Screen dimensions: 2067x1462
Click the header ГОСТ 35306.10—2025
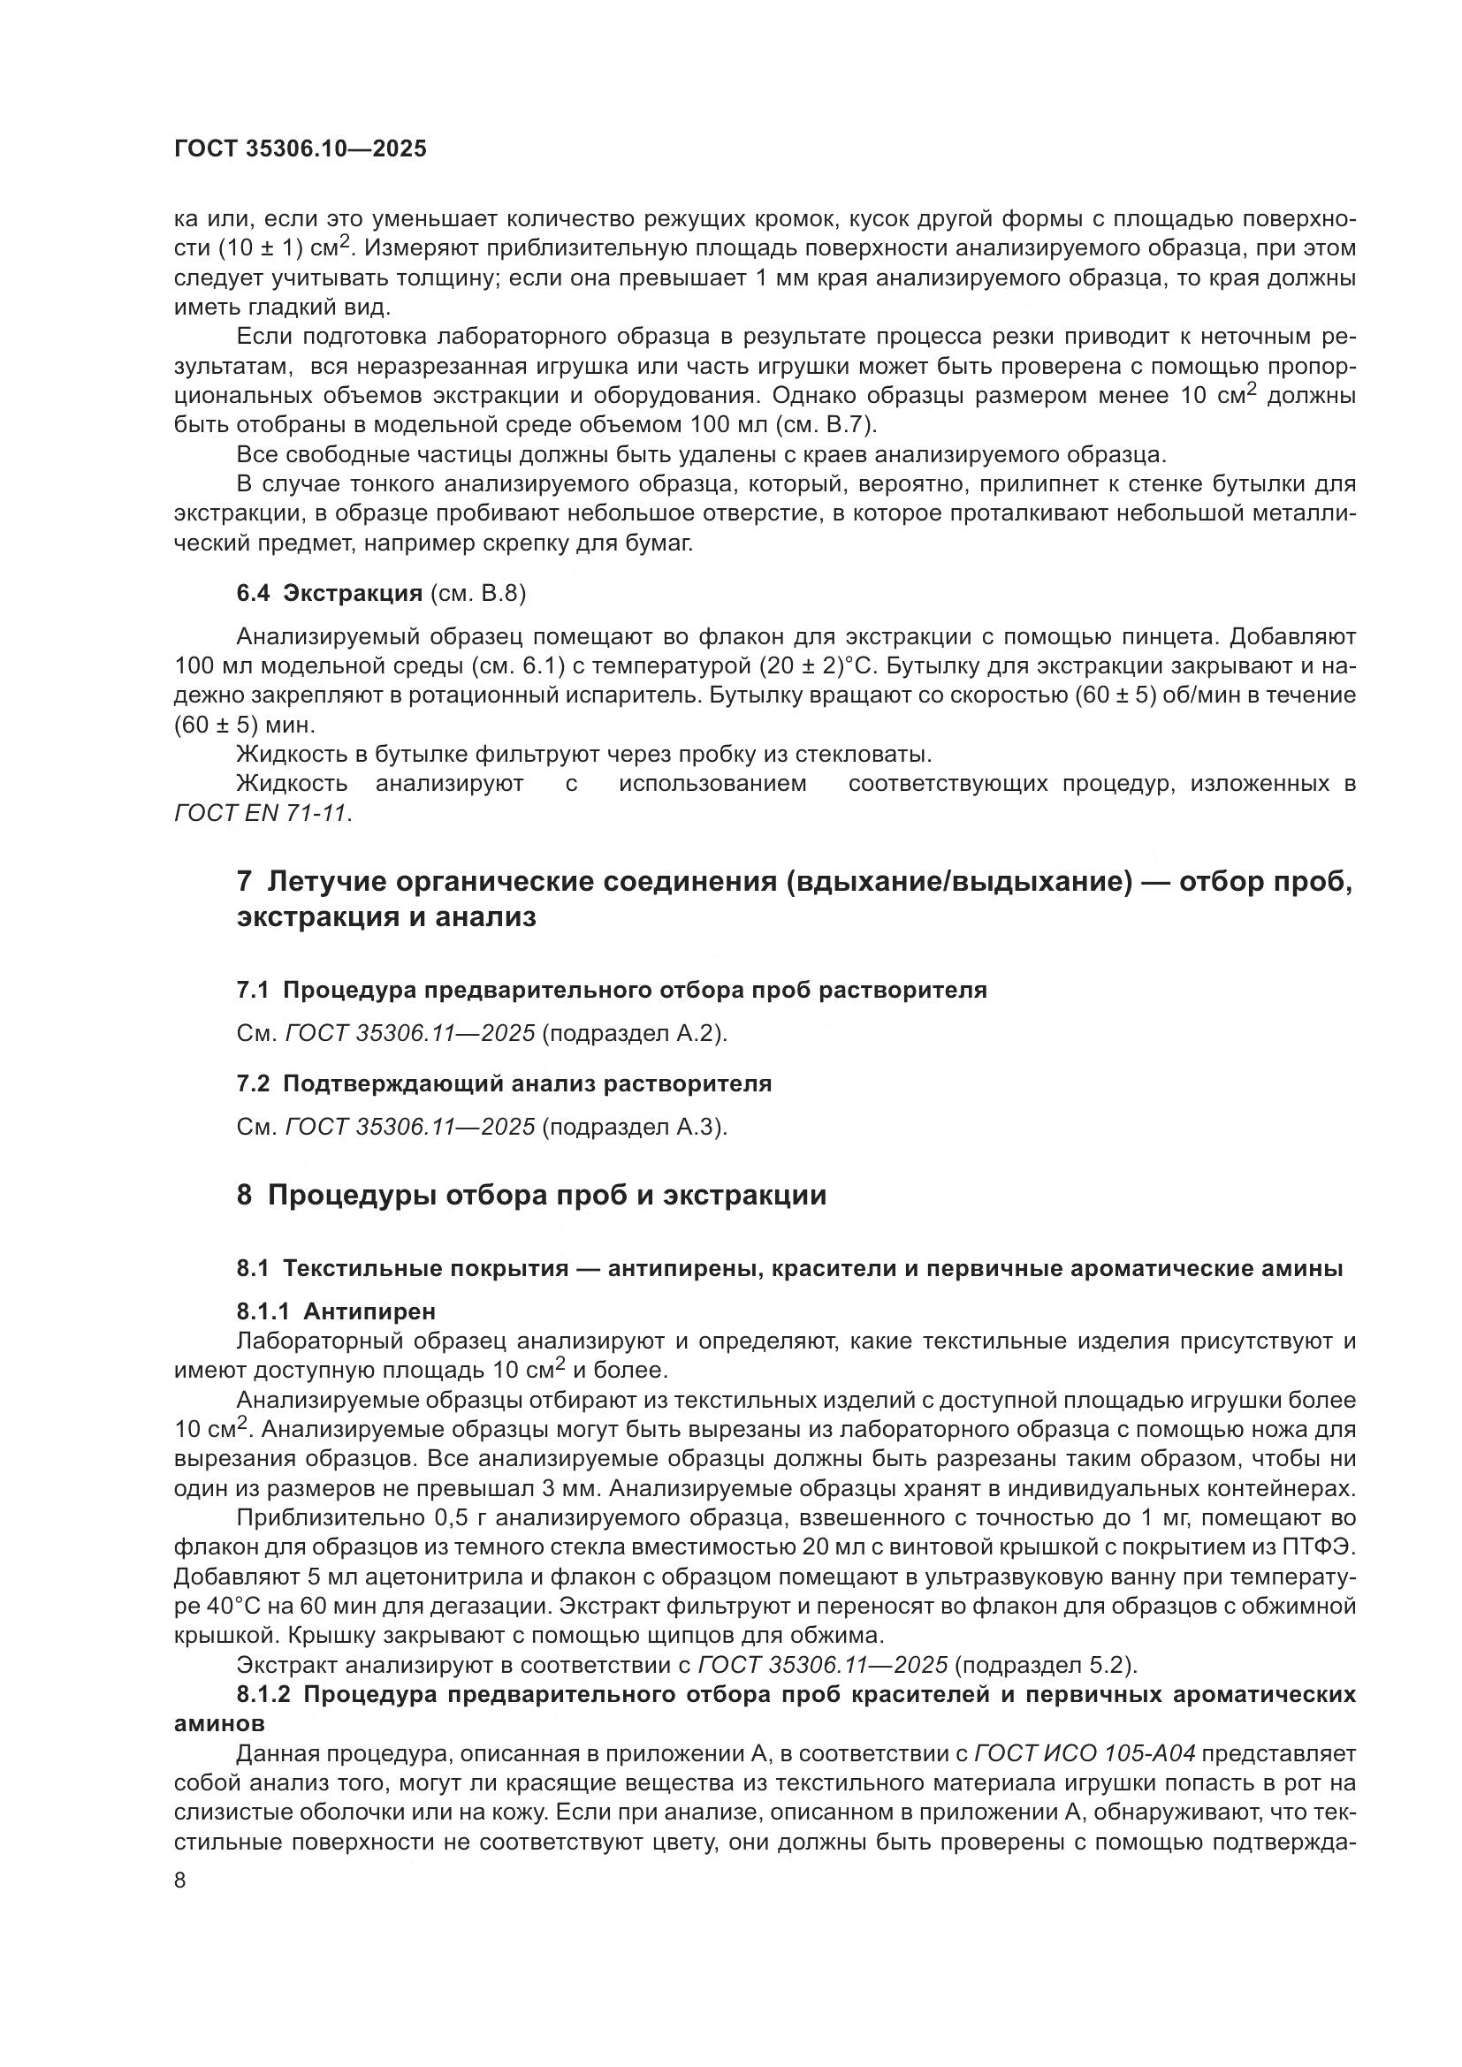pos(300,149)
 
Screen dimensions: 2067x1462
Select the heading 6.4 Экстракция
pos(330,593)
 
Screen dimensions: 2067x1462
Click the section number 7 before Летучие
pos(244,881)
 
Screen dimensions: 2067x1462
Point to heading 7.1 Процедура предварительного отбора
pos(612,991)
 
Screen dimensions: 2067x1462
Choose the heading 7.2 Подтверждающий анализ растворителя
pos(504,1084)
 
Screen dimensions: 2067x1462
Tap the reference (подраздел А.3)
pos(635,1127)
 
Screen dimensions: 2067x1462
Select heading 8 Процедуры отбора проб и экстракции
pos(531,1196)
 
